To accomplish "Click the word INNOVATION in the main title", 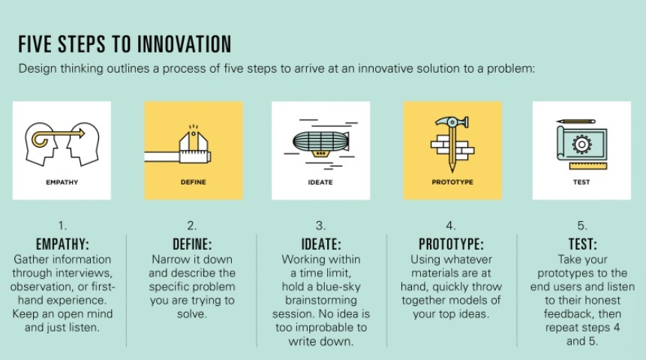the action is pos(184,44).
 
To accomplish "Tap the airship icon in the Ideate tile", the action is pos(321,144).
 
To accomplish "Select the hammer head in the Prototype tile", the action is pos(452,122).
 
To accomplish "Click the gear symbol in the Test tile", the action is pos(581,144).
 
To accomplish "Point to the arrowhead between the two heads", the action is pos(82,133).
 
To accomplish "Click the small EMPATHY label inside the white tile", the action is pos(62,182).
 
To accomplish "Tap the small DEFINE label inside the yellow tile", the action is pos(194,182).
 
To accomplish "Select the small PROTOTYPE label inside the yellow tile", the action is pos(452,182).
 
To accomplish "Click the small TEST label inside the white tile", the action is pos(581,182).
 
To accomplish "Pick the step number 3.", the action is pos(320,226).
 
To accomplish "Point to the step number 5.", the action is pos(581,226).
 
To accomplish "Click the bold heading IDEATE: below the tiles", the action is pos(321,244).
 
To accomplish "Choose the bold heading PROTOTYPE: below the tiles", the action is pos(451,244).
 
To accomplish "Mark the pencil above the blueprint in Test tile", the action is pos(576,121).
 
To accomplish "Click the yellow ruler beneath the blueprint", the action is pos(588,166).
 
